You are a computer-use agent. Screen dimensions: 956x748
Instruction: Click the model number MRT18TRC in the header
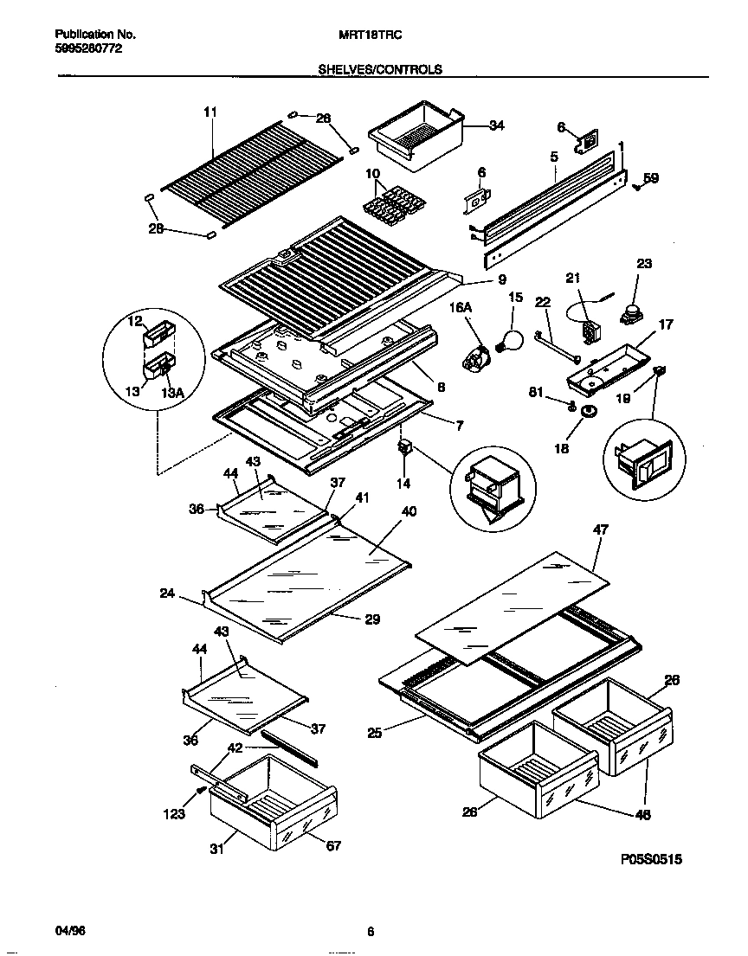369,35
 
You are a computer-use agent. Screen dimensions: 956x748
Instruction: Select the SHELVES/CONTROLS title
381,69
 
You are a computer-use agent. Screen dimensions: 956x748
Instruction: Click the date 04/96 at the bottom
71,931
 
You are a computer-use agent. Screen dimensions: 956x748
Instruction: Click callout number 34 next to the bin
496,126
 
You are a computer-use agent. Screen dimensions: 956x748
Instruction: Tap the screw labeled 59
637,183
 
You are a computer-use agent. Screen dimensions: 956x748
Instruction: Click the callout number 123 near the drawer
175,813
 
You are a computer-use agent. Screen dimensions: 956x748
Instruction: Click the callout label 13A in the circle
172,394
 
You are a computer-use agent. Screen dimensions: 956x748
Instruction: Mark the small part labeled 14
403,449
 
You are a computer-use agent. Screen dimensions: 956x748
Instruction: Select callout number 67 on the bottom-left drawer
332,845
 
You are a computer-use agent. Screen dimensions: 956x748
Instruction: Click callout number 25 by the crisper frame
374,733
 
